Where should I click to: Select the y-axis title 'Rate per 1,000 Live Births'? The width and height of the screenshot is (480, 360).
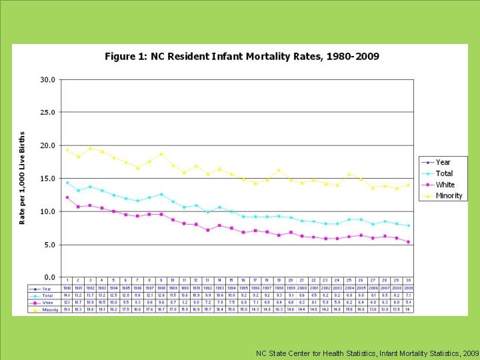(22, 177)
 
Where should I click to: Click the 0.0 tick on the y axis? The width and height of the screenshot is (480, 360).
(49, 277)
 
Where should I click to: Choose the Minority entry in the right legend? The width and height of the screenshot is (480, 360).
(449, 196)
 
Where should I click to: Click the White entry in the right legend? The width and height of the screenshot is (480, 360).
(445, 185)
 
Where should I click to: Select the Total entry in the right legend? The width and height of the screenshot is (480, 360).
(444, 173)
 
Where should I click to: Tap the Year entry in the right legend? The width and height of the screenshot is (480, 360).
(443, 162)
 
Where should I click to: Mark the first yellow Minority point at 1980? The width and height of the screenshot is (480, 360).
(67, 149)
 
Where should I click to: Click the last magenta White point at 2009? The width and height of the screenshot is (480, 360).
(408, 242)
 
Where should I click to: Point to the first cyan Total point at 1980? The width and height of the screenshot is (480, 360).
(67, 182)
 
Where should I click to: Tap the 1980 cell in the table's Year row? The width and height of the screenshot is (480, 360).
(67, 287)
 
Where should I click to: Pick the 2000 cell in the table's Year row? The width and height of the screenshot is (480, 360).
(303, 287)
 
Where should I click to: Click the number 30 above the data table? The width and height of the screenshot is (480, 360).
(408, 280)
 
